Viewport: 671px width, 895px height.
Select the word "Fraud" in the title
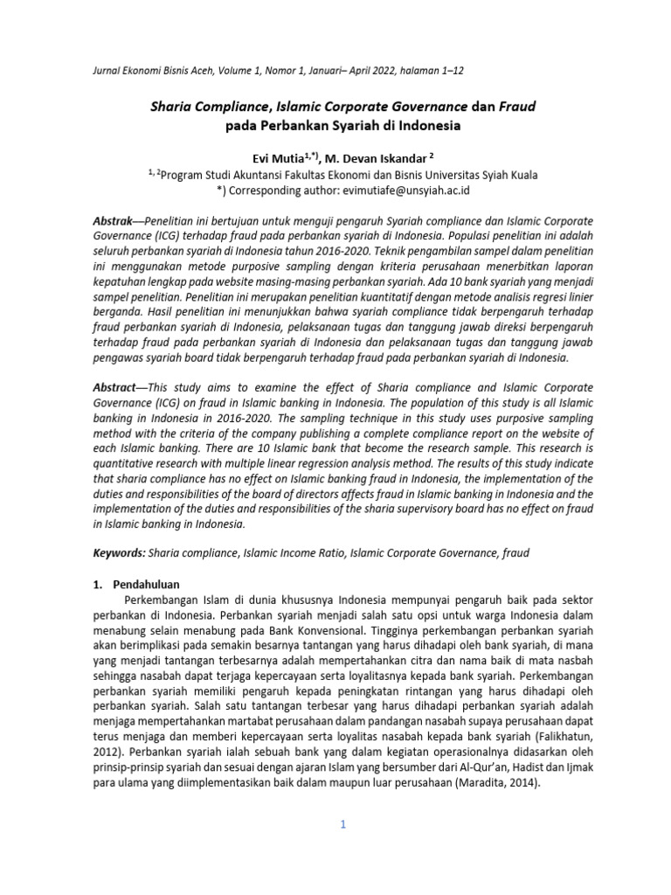(517, 107)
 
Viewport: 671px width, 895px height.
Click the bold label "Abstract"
(115, 387)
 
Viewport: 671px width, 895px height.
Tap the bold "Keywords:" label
(119, 553)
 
